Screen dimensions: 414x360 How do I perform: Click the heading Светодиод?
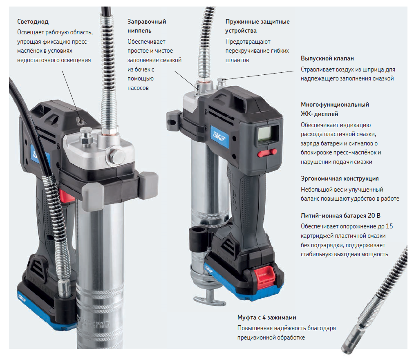pyautogui.click(x=33, y=22)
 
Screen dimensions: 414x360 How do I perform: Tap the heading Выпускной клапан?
pyautogui.click(x=327, y=58)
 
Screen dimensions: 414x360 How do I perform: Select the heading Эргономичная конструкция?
pyautogui.click(x=340, y=179)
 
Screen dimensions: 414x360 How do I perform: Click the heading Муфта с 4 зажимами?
pyautogui.click(x=267, y=318)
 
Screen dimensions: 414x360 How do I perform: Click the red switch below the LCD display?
pyautogui.click(x=267, y=153)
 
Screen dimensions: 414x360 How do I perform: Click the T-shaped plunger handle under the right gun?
pyautogui.click(x=210, y=299)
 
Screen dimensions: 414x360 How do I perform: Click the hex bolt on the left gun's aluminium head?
pyautogui.click(x=116, y=156)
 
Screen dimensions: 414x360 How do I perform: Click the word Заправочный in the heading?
pyautogui.click(x=147, y=22)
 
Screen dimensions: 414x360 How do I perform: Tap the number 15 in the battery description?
pyautogui.click(x=389, y=226)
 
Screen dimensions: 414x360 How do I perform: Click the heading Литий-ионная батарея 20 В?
pyautogui.click(x=340, y=216)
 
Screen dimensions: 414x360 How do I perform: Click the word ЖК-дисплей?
pyautogui.click(x=319, y=114)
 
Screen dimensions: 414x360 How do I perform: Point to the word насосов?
pyautogui.click(x=138, y=88)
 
